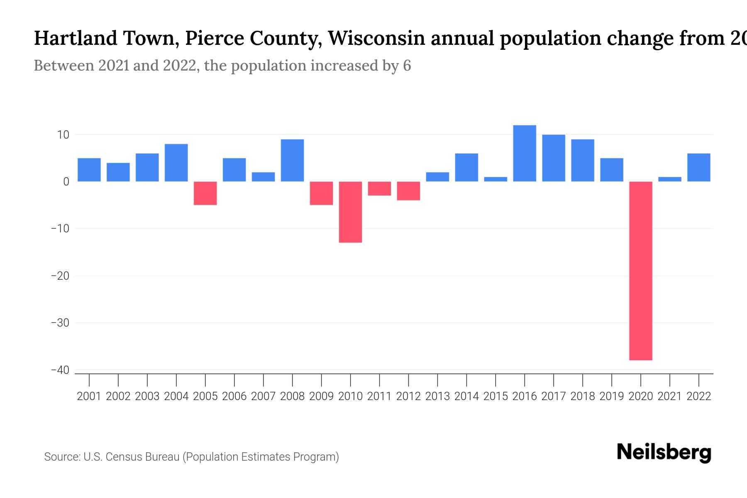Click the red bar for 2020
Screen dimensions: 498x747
point(640,271)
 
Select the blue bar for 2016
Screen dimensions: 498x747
point(525,153)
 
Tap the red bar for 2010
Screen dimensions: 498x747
point(350,212)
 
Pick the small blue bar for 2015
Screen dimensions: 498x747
point(496,179)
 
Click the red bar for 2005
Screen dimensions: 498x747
point(205,193)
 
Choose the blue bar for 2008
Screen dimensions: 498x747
point(292,160)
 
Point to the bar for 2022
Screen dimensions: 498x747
point(698,167)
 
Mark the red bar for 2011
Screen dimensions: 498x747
point(379,188)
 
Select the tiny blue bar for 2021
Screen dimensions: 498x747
point(669,179)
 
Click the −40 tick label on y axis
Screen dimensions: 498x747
point(60,370)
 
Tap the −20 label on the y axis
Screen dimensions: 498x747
point(60,276)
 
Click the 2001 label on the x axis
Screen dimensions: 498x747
point(89,396)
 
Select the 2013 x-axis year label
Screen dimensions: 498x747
point(437,396)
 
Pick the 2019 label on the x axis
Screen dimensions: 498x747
point(611,396)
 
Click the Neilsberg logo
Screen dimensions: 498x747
point(664,452)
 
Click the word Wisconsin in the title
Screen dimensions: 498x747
point(376,38)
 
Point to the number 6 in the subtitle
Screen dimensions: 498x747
point(407,66)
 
